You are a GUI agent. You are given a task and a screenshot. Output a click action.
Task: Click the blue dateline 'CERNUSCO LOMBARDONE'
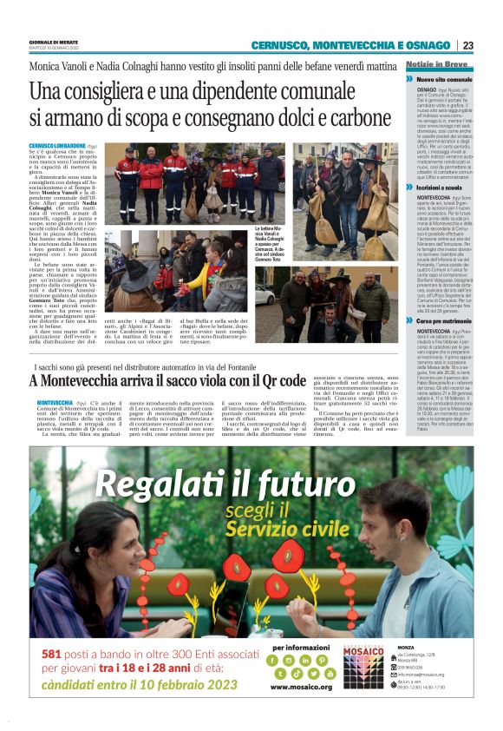57,146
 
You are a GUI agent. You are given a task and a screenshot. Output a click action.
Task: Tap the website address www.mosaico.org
301,686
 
